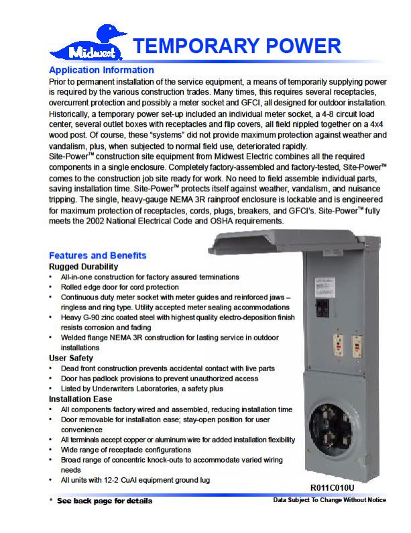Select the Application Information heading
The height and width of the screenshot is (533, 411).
click(101, 70)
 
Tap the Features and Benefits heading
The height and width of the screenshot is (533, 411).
click(97, 255)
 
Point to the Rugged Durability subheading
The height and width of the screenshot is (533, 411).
click(82, 266)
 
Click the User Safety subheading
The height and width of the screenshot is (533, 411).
click(71, 358)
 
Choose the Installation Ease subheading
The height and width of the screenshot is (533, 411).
click(80, 399)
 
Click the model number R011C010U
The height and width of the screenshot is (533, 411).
click(332, 487)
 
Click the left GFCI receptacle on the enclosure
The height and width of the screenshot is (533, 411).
click(337, 346)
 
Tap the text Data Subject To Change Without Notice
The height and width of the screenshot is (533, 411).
click(329, 500)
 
